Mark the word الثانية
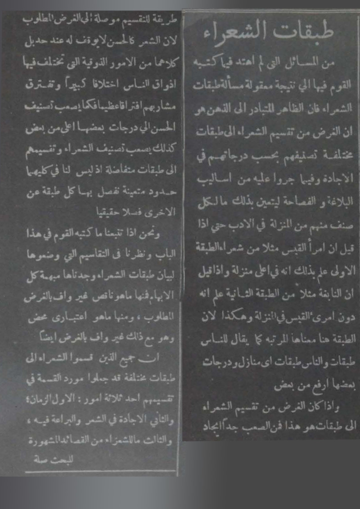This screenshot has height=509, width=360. [x=252, y=294]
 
